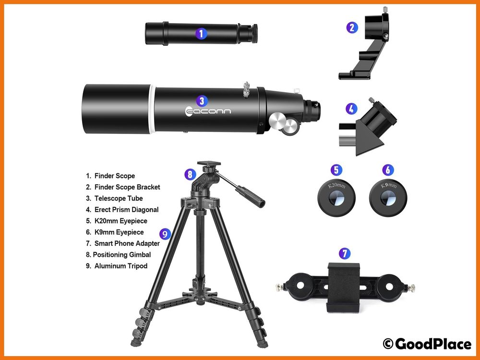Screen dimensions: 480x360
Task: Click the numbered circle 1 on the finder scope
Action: point(201,34)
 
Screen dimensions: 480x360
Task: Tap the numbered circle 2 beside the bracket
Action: point(352,27)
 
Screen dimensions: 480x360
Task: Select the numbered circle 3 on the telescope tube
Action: point(202,101)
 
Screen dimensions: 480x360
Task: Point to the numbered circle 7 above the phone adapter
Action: point(345,253)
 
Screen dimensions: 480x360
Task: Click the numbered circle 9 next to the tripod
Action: point(165,234)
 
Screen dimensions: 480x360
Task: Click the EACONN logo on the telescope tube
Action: point(208,111)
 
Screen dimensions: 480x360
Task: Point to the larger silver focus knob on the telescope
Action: point(278,120)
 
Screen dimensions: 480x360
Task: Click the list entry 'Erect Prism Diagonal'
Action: point(122,210)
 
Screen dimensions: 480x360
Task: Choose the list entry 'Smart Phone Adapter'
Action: point(123,243)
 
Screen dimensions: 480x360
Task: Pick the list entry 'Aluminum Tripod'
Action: point(117,266)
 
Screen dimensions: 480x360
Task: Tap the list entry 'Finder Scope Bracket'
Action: point(123,187)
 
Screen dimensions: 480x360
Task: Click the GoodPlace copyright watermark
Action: point(427,344)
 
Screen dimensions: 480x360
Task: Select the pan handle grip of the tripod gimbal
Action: point(251,197)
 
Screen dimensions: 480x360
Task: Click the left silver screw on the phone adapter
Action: point(280,287)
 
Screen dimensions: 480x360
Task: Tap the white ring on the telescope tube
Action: point(152,109)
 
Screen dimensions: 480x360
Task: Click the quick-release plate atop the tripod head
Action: point(209,164)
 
